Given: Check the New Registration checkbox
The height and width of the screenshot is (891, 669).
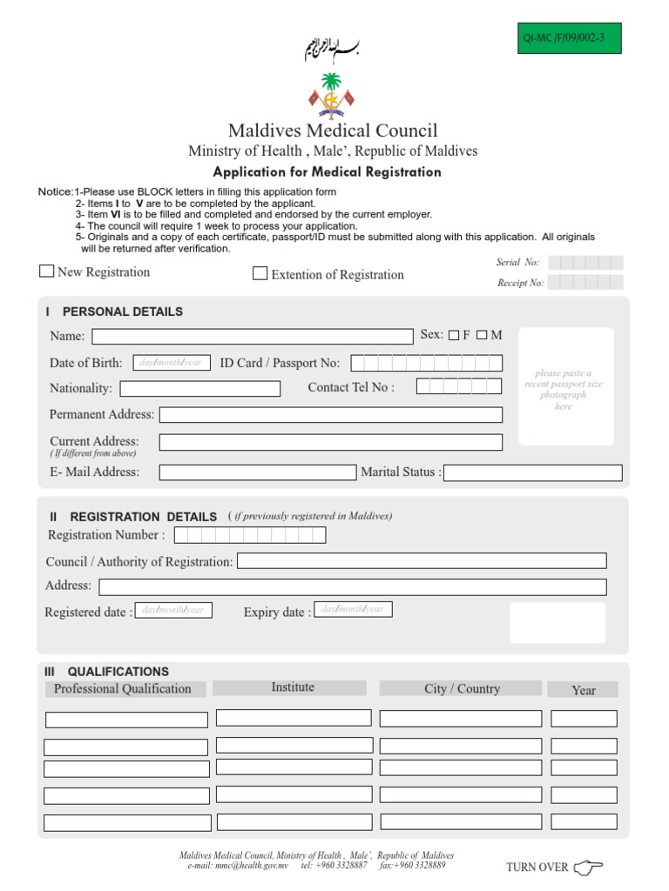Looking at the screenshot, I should click(47, 271).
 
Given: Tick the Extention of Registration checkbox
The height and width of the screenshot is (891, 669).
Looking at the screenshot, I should click(260, 273).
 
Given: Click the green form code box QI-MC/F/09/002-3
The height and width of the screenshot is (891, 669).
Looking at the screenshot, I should click(570, 38).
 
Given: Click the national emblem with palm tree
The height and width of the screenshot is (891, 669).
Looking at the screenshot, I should click(331, 96).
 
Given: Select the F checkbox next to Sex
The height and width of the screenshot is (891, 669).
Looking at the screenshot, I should click(454, 336).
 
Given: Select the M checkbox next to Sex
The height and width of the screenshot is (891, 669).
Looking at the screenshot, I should click(482, 336).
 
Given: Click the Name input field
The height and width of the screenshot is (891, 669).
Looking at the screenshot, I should click(253, 337).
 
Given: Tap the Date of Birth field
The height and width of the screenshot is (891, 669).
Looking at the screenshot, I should click(172, 362).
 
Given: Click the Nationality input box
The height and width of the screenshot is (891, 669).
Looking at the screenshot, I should click(200, 389).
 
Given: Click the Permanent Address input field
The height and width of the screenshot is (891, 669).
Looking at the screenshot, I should click(331, 415).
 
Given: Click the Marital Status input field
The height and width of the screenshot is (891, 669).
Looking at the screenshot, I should click(533, 472).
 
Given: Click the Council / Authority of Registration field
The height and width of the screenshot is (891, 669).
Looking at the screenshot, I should click(422, 561).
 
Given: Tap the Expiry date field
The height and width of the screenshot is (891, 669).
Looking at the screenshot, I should click(353, 609).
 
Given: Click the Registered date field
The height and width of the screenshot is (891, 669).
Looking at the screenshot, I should click(173, 610).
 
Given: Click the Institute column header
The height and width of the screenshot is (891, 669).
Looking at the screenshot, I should click(293, 687).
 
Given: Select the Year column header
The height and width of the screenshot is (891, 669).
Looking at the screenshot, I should click(583, 690).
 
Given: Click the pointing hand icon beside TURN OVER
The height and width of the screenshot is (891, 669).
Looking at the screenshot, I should click(589, 866).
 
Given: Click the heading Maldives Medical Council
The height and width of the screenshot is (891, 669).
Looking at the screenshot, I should click(333, 131).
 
